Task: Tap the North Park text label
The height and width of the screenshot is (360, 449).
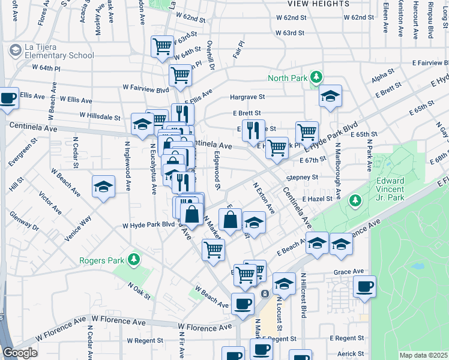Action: (287, 78)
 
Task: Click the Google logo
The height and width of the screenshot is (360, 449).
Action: (20, 353)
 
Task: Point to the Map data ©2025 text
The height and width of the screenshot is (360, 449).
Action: (423, 355)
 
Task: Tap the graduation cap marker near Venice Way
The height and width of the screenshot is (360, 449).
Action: (103, 187)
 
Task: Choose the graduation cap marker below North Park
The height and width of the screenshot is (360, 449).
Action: (330, 96)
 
